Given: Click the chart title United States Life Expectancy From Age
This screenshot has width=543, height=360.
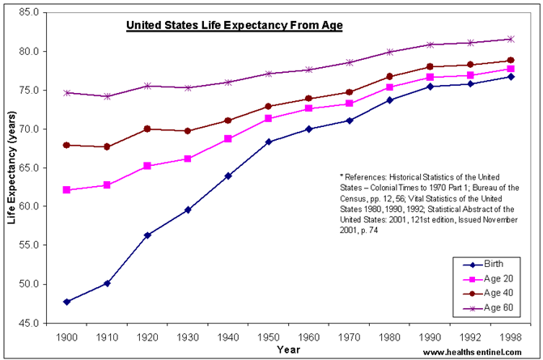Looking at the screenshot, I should (x=235, y=26).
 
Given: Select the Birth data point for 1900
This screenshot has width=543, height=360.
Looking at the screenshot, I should (x=67, y=302).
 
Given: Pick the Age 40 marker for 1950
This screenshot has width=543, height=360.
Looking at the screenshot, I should (x=269, y=106).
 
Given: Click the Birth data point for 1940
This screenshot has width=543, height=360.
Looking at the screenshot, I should (x=228, y=176).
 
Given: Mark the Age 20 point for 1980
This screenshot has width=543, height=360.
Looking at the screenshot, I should (x=389, y=87).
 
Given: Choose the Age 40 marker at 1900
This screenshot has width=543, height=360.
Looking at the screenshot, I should (x=67, y=145).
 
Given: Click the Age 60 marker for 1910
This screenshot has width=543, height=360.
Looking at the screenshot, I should (x=107, y=96).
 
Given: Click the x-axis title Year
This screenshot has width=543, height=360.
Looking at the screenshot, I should (x=287, y=349).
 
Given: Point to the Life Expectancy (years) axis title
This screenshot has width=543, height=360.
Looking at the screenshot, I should (x=11, y=167).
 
